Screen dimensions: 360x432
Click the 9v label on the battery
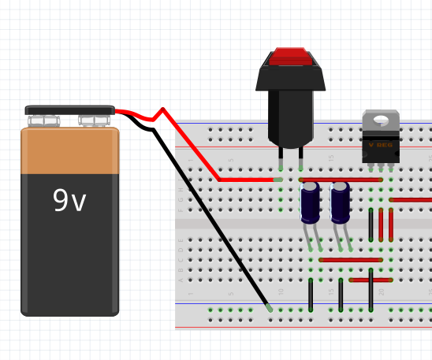(x=69, y=202)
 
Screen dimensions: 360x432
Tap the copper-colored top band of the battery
(x=69, y=151)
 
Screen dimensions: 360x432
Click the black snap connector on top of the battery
(x=69, y=110)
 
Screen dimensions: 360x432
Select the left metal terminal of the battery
(x=44, y=121)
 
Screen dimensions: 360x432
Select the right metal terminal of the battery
(x=94, y=121)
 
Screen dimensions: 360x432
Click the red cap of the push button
(x=290, y=57)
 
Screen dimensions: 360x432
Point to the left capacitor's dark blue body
(x=311, y=203)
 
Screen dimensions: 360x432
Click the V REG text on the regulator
(x=381, y=145)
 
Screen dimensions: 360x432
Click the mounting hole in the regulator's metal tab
(x=381, y=121)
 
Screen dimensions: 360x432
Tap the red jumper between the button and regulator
(x=341, y=180)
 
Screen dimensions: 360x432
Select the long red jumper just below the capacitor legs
(x=351, y=259)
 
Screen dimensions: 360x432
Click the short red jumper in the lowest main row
(x=371, y=280)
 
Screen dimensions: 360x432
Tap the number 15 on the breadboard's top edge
(x=331, y=159)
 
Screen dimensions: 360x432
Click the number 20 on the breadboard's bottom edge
(x=382, y=292)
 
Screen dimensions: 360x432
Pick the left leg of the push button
(x=281, y=161)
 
